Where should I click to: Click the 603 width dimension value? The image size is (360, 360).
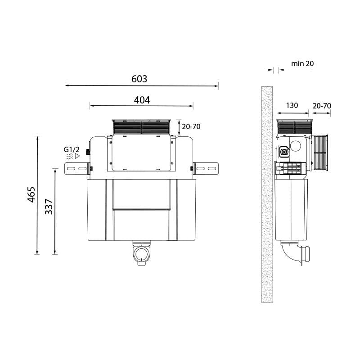139,79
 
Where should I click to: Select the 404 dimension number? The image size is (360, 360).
142,100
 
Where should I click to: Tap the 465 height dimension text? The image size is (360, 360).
31,194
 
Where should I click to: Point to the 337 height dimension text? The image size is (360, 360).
49,207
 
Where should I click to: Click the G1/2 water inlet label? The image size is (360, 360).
72,148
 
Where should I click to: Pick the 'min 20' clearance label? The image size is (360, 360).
302,63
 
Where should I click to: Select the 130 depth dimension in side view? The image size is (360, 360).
292,105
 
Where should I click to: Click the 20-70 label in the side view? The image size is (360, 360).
322,105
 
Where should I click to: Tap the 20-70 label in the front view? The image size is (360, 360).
191,126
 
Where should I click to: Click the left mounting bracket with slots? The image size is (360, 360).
77,168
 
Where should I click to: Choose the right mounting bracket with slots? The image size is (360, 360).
206,168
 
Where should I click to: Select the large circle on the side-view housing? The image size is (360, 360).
296,146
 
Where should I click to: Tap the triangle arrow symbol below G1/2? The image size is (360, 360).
77,156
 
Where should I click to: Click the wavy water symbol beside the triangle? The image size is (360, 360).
70,156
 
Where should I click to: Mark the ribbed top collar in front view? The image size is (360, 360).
141,126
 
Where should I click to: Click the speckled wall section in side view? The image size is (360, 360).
267,193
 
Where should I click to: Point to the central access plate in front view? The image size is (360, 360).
141,153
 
